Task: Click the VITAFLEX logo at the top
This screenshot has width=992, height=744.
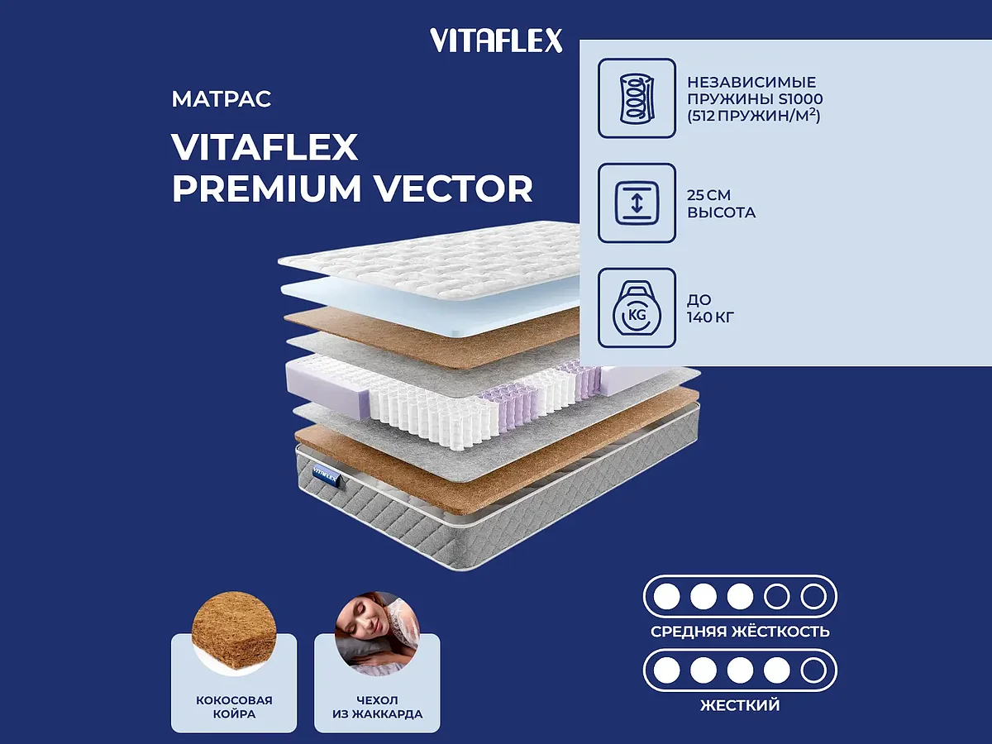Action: point(496,40)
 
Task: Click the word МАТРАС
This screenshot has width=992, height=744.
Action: point(222,100)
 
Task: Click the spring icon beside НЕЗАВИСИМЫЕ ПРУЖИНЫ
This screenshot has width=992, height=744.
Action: point(637,98)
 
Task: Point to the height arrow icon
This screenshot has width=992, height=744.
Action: point(637,203)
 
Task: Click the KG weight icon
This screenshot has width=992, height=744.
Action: point(637,308)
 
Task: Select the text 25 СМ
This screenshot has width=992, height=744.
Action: point(709,195)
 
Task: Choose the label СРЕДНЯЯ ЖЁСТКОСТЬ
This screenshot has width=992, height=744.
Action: point(740,632)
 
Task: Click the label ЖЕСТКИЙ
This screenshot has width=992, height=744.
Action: point(740,705)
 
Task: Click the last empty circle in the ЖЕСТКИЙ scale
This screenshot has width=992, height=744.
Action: point(813,670)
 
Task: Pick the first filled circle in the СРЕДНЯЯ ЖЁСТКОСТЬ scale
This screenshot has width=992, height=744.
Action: point(665,595)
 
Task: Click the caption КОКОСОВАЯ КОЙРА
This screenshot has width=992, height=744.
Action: point(234,707)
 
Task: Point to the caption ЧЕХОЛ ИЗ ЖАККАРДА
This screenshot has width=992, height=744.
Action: point(377,707)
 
